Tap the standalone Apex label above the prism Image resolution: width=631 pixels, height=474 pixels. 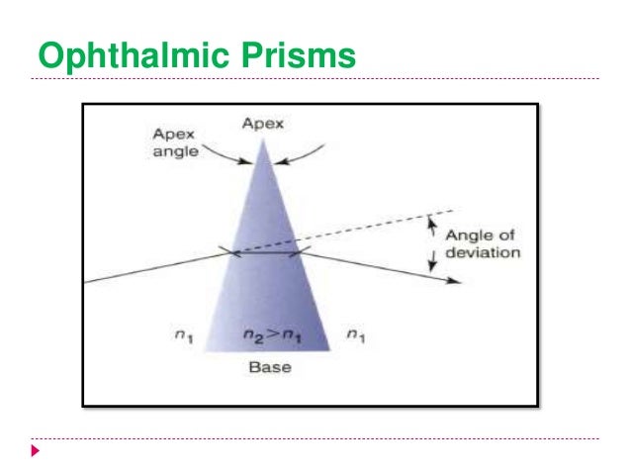(x=263, y=124)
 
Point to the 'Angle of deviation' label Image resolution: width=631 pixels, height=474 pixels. (x=483, y=243)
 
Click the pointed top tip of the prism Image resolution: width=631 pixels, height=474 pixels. (x=263, y=140)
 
